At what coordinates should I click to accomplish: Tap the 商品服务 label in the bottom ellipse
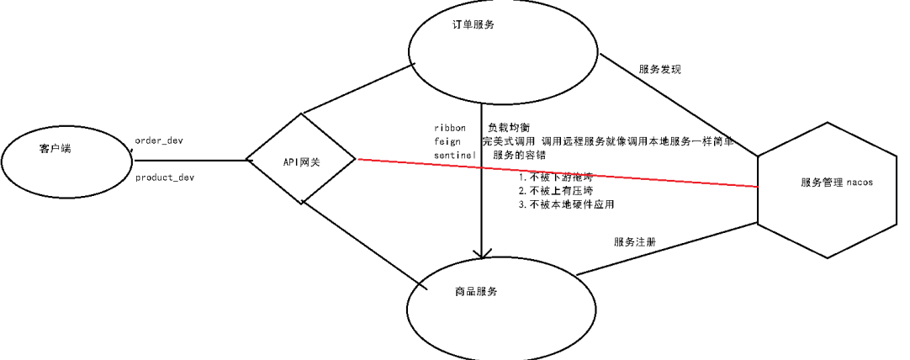pos(475,291)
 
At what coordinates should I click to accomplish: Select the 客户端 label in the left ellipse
pos(56,149)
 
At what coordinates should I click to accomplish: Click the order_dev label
pos(159,140)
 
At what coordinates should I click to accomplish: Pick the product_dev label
pos(165,177)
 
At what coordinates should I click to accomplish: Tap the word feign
pos(447,141)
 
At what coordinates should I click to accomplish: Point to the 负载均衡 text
pos(508,127)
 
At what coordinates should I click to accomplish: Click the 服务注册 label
pos(635,241)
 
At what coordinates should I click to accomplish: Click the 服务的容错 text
pos(519,155)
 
